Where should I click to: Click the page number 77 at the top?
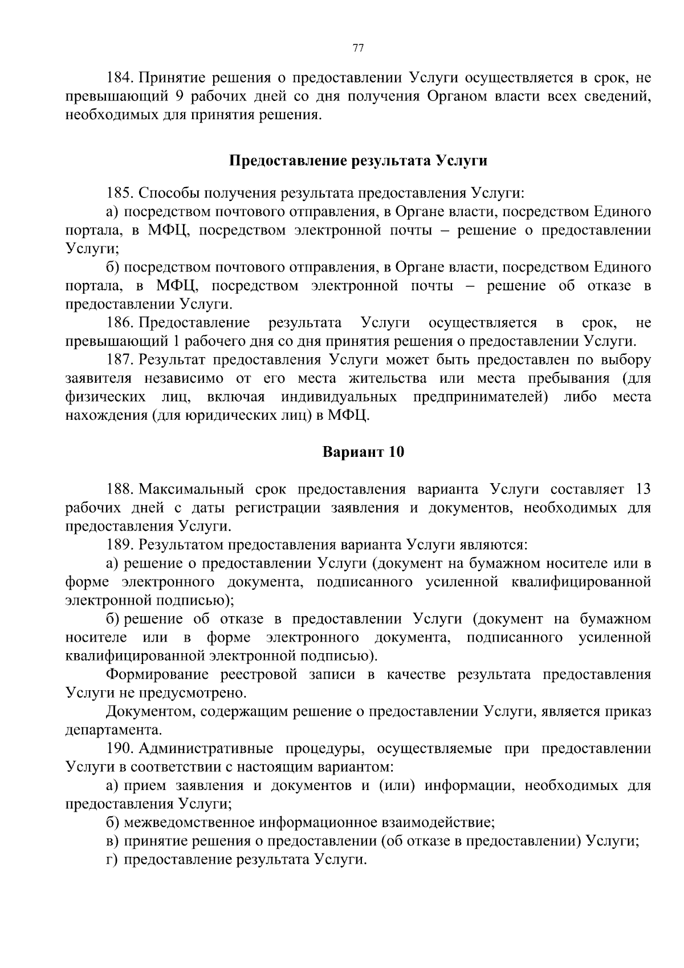358,48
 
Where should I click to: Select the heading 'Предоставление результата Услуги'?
358,160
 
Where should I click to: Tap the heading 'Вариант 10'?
363,452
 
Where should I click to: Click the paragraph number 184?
120,78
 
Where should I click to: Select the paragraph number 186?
120,323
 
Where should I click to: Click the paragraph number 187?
120,360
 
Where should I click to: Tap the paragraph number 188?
120,489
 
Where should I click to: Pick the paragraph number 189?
120,544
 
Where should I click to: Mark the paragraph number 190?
120,748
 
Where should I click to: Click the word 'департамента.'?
114,730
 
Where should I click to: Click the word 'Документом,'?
150,711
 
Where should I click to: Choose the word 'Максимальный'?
192,489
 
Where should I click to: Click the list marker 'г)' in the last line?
112,859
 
